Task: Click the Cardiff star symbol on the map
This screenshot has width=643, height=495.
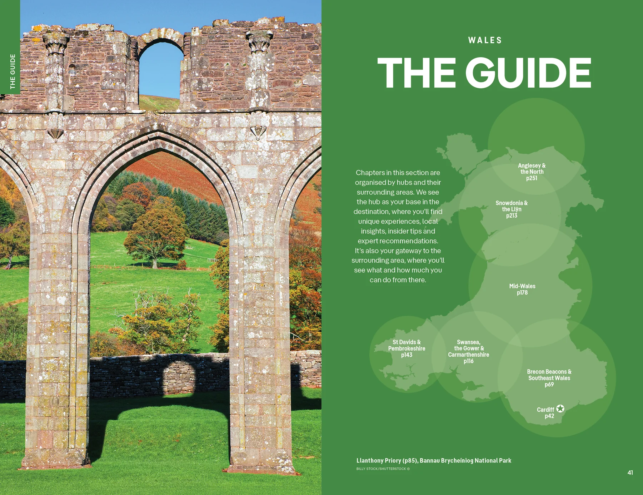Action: [x=560, y=409]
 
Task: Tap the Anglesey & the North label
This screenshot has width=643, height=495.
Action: [x=532, y=169]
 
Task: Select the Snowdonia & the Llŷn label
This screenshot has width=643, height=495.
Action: [x=512, y=206]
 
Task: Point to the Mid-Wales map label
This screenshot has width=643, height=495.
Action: [x=522, y=286]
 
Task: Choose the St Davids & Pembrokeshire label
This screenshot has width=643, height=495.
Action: [x=407, y=345]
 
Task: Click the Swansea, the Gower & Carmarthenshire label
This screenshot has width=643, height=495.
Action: [x=469, y=348]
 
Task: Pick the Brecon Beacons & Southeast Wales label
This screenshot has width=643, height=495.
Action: [x=549, y=375]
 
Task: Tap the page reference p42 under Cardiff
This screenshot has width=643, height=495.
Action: [x=549, y=416]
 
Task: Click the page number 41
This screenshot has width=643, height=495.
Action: [x=630, y=472]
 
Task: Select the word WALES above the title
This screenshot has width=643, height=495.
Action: [x=485, y=40]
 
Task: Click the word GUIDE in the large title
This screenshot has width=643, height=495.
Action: [x=529, y=73]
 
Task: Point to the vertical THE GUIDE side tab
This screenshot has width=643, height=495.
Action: [x=13, y=71]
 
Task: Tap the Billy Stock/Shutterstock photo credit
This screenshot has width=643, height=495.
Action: [x=383, y=469]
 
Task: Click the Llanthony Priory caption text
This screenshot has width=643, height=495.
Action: [x=434, y=461]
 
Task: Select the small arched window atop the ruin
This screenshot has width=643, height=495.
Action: [x=161, y=68]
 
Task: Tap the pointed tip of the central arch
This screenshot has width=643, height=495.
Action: [x=157, y=132]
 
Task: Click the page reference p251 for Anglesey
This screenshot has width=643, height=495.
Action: [x=532, y=178]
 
